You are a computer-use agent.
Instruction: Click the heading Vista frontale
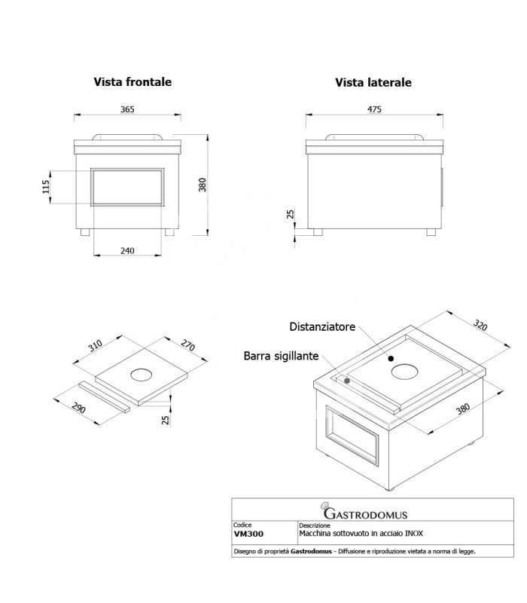point(133,82)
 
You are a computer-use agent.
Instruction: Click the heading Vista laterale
point(373,82)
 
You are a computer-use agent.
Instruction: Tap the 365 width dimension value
point(127,109)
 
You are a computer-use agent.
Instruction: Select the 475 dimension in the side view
point(374,109)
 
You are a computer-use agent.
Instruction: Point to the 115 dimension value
point(46,187)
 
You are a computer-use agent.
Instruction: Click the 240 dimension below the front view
point(127,251)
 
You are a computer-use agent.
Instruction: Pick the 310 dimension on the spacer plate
point(96,346)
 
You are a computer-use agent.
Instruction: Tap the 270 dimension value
point(187,345)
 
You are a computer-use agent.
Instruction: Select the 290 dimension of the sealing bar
point(79,408)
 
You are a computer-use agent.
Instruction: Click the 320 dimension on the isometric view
point(480,325)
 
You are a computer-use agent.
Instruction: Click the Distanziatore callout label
point(322,327)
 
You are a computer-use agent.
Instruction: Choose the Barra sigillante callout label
point(281,356)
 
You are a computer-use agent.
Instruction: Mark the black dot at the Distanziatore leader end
point(391,359)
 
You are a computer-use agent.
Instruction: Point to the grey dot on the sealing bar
point(347,381)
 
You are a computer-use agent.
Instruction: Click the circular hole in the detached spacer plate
point(141,375)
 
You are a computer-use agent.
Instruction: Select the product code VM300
point(248,534)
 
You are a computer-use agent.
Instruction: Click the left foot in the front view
point(85,232)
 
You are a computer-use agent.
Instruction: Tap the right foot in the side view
point(431,232)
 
